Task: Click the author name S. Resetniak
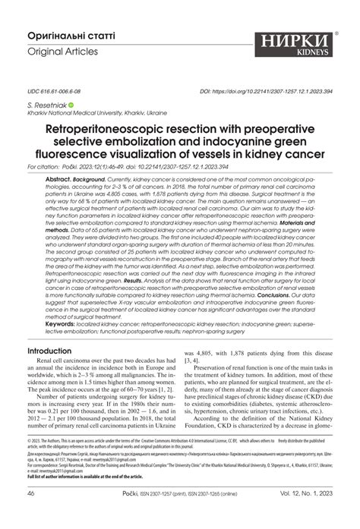[46, 105]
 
